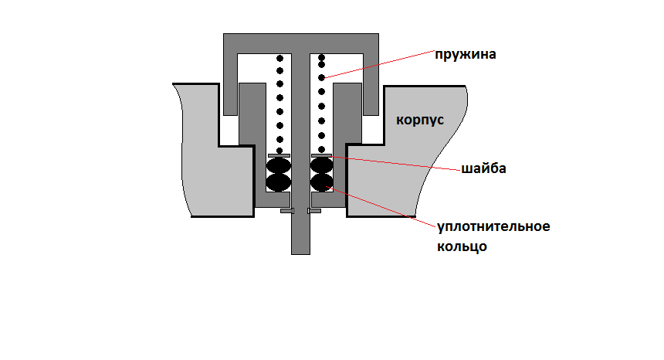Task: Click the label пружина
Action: pyautogui.click(x=464, y=56)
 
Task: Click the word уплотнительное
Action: pyautogui.click(x=493, y=227)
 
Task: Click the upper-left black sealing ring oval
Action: pyautogui.click(x=278, y=167)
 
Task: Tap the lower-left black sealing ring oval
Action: pyautogui.click(x=278, y=182)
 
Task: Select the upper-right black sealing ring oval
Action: pyautogui.click(x=321, y=167)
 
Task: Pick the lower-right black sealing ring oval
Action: pyautogui.click(x=321, y=182)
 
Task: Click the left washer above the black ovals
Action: pyautogui.click(x=278, y=155)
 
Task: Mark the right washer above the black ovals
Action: pyautogui.click(x=321, y=155)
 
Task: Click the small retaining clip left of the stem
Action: pyautogui.click(x=286, y=210)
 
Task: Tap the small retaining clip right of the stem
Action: pyautogui.click(x=314, y=210)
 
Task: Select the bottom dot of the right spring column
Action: pyautogui.click(x=322, y=149)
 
